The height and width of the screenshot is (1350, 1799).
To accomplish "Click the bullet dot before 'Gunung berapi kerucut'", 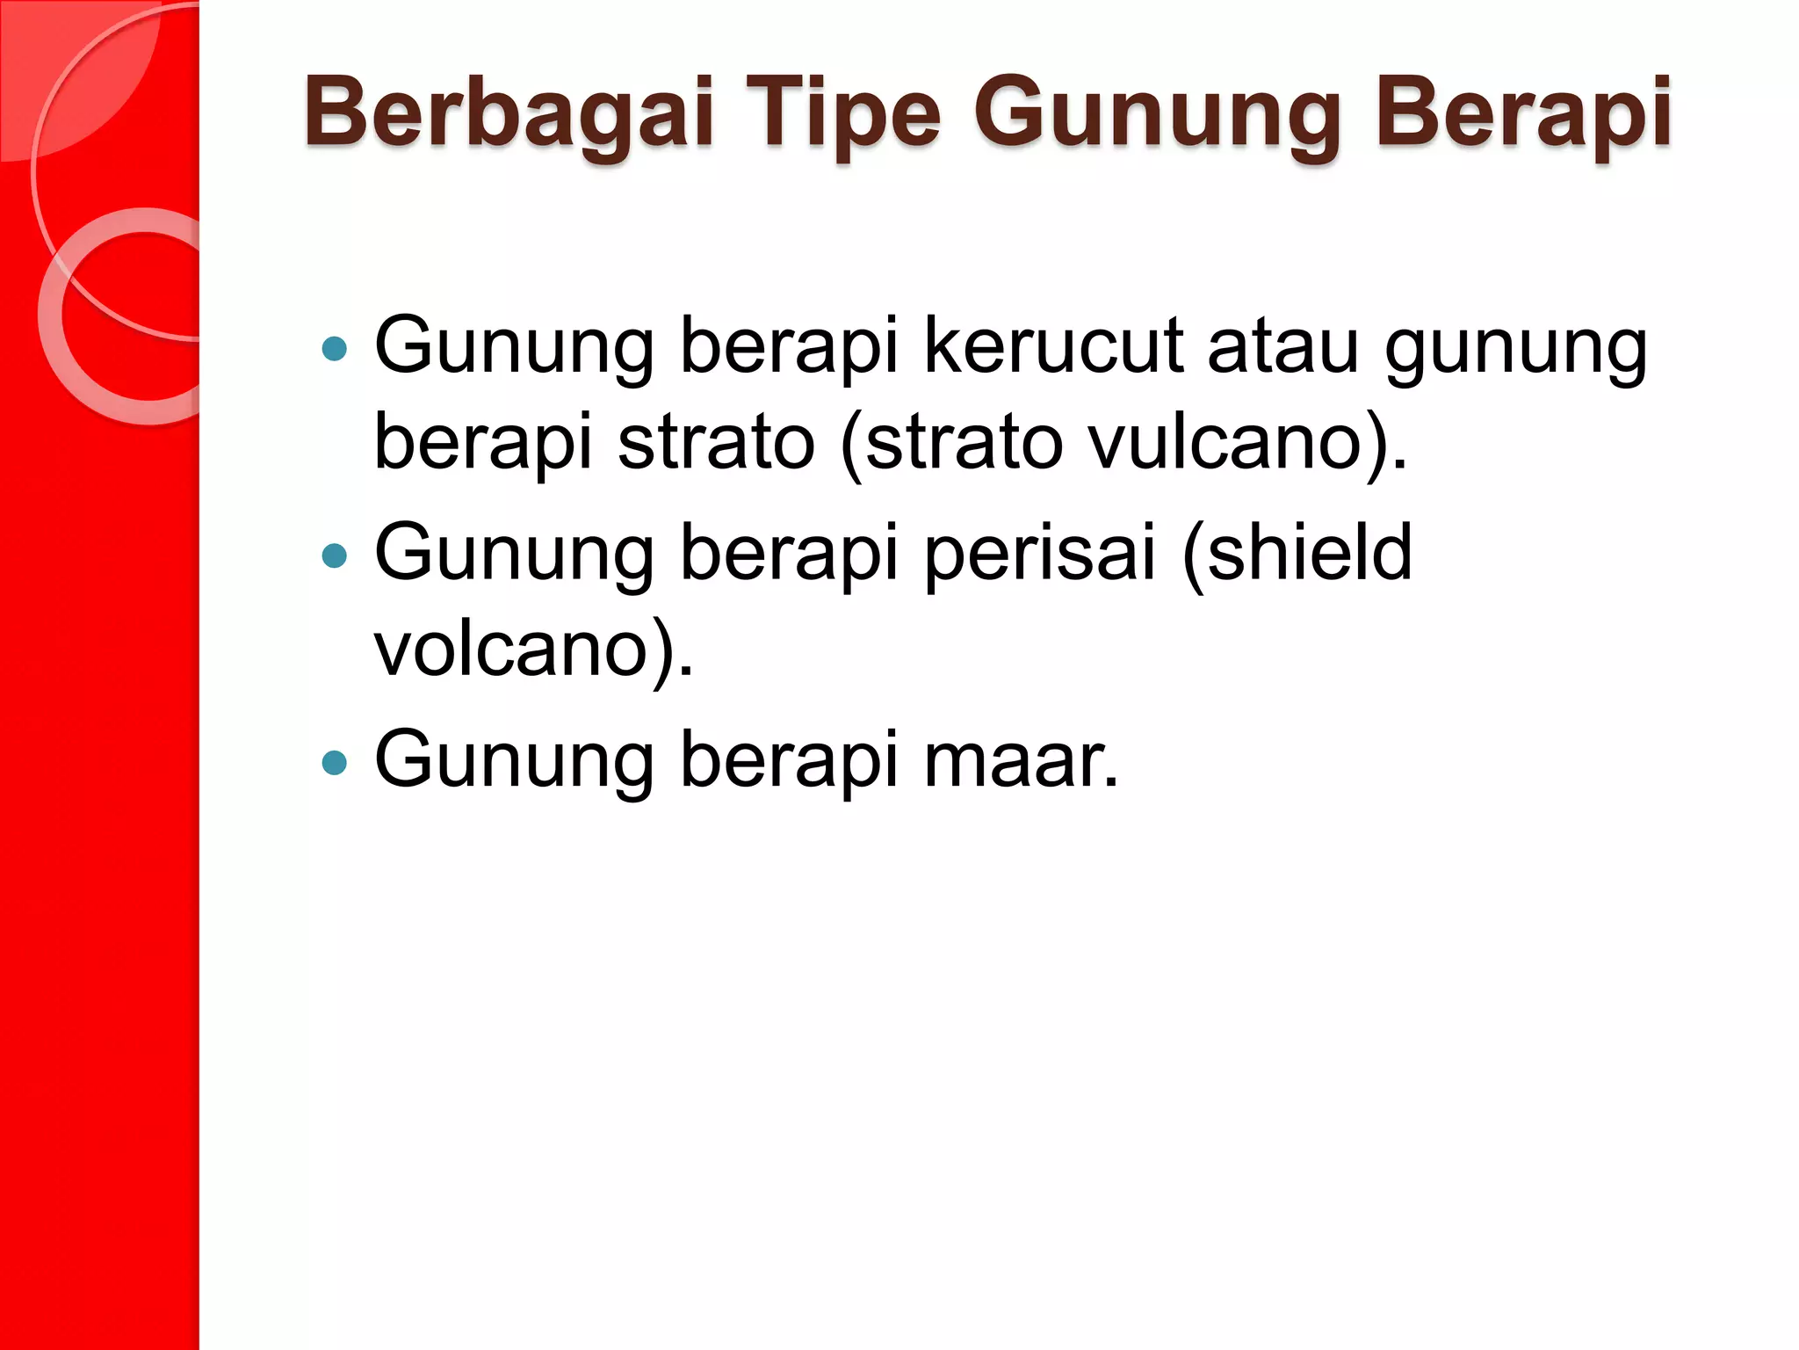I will click(x=335, y=349).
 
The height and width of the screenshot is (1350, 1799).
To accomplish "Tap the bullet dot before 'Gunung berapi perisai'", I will click(x=335, y=555).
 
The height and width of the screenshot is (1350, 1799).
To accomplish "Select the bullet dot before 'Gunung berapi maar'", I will click(x=335, y=762).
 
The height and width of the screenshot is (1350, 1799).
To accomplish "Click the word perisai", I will click(x=1040, y=553).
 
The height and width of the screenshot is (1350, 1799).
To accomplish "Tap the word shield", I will click(x=1298, y=553).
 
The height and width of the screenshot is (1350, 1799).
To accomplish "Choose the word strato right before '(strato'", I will click(x=717, y=441).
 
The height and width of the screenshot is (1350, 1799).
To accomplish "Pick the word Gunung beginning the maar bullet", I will click(x=515, y=759).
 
